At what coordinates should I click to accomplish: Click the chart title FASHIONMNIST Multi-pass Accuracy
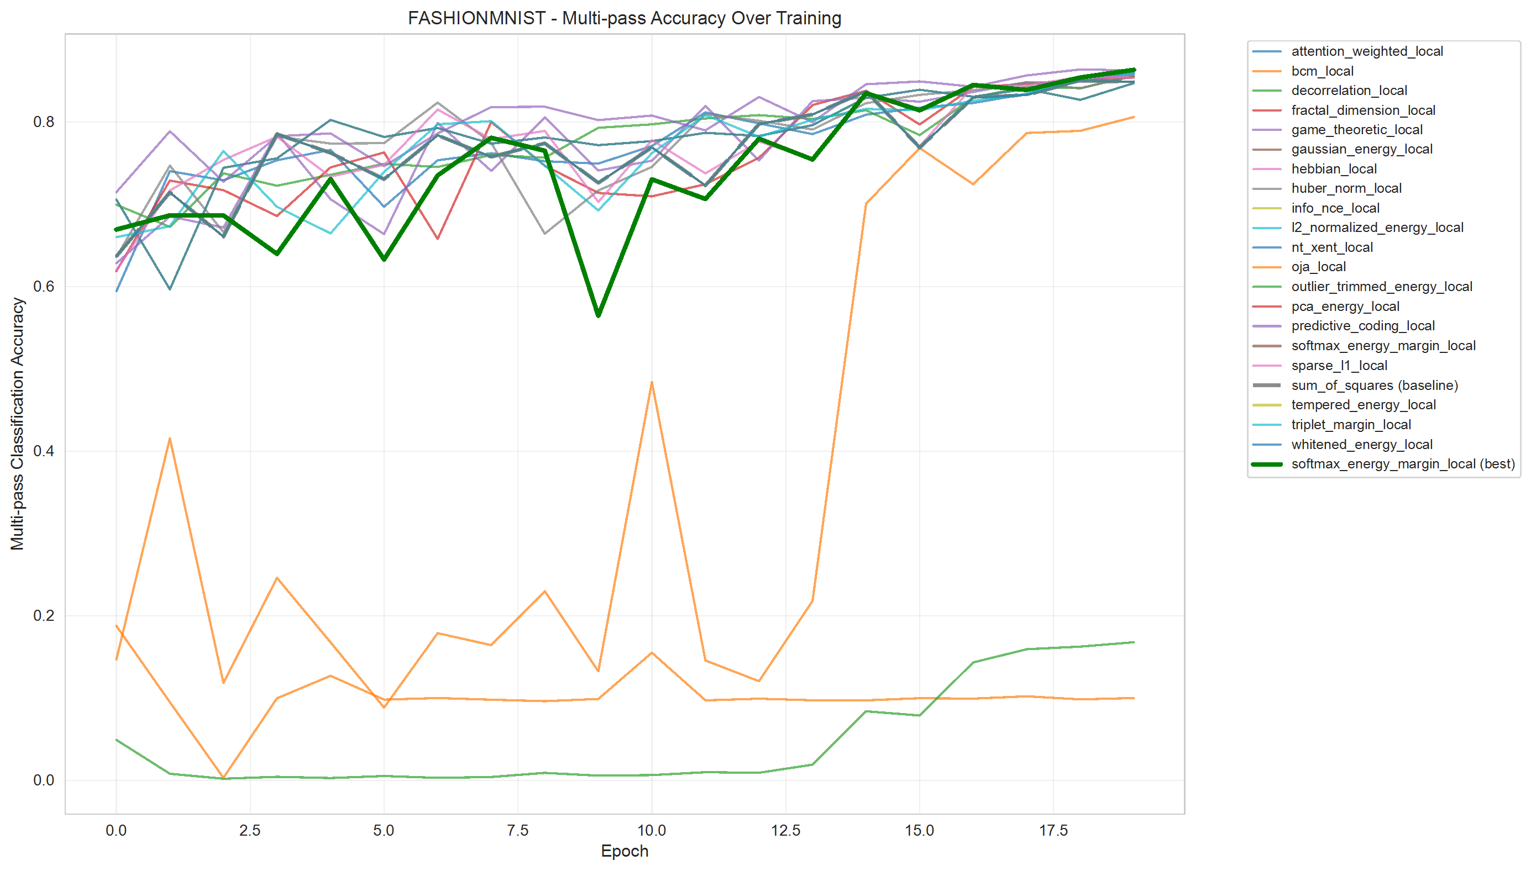(624, 18)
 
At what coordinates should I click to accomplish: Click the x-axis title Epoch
(624, 851)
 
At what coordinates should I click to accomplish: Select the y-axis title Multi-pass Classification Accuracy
(17, 424)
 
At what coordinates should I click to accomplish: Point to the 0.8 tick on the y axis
(43, 122)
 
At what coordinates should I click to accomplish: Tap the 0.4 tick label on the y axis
(43, 451)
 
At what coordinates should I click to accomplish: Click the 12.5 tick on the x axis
(785, 830)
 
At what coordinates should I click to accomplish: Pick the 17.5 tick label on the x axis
(1053, 830)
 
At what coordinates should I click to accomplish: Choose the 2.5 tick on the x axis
(250, 830)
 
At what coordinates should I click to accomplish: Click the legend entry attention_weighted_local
(1366, 51)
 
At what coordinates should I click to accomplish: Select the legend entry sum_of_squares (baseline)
(1374, 386)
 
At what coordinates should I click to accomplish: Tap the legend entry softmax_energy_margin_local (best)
(1402, 464)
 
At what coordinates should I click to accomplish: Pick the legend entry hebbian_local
(1334, 168)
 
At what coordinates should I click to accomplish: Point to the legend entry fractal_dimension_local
(1363, 110)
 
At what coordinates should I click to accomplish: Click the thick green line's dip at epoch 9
(598, 315)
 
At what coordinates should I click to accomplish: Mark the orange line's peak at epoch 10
(651, 382)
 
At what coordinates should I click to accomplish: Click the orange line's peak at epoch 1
(170, 439)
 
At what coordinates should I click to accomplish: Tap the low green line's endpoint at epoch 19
(1134, 642)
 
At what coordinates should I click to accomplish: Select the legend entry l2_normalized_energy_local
(1377, 228)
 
